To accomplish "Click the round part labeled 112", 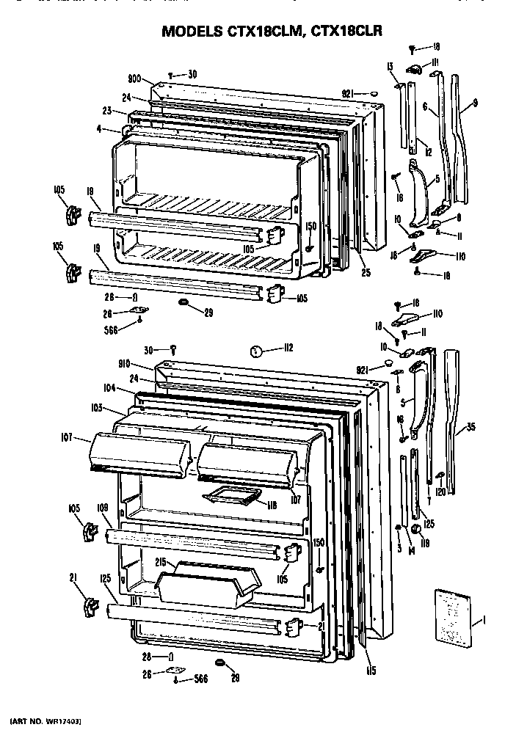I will (x=255, y=350).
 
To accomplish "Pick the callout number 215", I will (x=163, y=563).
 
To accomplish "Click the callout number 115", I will (x=372, y=670).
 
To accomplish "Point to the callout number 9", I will (x=474, y=103).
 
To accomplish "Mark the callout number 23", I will (x=106, y=111).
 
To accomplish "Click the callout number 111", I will (x=434, y=61).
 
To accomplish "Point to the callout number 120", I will (x=440, y=492).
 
